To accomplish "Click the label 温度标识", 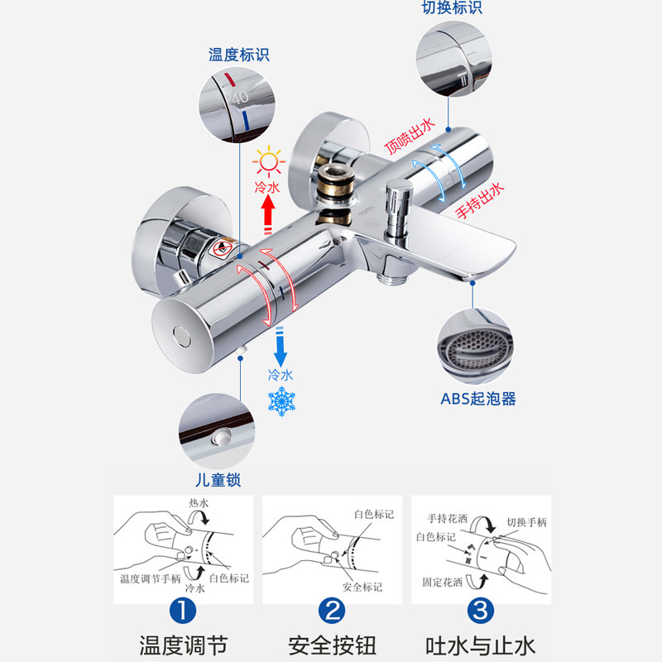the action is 238,55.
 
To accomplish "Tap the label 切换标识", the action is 451,7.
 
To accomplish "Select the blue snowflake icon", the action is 281,402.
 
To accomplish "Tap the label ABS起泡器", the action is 477,399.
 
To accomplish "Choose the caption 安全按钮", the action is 331,645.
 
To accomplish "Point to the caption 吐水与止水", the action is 480,645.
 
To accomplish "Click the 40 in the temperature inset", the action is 239,98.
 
